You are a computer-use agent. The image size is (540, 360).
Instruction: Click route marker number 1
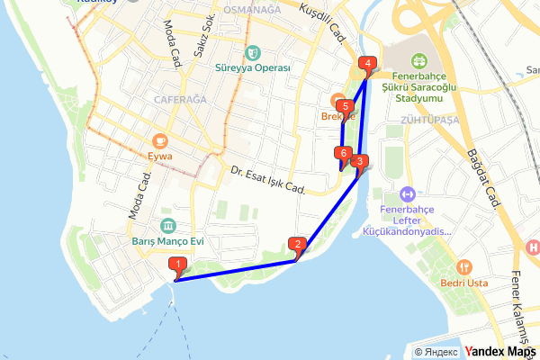[178, 265]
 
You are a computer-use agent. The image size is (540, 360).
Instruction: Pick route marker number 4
[366, 64]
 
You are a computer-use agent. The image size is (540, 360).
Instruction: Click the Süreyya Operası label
[253, 68]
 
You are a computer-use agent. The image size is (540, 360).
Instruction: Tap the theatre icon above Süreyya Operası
[253, 51]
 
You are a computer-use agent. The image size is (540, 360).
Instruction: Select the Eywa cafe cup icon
[161, 140]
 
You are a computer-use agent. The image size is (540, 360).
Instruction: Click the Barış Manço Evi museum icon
[168, 225]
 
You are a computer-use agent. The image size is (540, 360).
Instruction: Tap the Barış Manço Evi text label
[168, 242]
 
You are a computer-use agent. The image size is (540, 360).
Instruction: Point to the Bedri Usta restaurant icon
[464, 266]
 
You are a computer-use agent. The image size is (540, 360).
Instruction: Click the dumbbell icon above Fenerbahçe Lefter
[407, 193]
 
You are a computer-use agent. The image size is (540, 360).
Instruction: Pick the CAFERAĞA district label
[181, 99]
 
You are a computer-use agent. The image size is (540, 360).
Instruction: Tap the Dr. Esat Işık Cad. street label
[268, 180]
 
